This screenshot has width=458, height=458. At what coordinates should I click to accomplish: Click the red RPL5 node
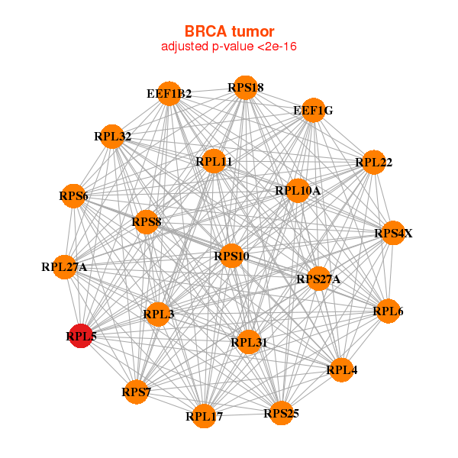(x=81, y=335)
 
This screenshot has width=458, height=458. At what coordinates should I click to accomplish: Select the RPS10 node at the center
(x=231, y=256)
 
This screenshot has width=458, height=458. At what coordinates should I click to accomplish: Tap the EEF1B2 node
(x=169, y=93)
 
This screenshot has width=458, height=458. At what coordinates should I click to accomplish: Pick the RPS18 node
(x=245, y=87)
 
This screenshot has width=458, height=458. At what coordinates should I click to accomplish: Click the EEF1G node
(x=313, y=110)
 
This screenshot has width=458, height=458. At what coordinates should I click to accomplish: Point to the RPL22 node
(x=373, y=162)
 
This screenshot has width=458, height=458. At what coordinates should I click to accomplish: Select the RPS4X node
(x=393, y=233)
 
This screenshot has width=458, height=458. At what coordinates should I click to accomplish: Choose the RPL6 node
(x=389, y=311)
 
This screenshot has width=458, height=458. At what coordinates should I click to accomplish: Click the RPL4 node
(x=341, y=369)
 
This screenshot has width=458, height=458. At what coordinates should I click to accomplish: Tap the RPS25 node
(x=281, y=413)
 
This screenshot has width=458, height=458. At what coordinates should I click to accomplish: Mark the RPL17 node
(x=204, y=416)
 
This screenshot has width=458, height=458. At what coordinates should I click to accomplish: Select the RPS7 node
(x=137, y=392)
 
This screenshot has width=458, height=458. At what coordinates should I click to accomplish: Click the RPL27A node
(x=65, y=267)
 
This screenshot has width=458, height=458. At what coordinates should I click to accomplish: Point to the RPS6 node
(x=73, y=196)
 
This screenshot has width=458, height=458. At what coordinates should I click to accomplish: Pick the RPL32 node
(x=112, y=136)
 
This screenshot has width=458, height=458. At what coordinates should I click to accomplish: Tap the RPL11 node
(x=214, y=161)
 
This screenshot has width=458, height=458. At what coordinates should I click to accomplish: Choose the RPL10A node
(x=298, y=190)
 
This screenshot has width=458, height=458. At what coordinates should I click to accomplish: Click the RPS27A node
(x=318, y=279)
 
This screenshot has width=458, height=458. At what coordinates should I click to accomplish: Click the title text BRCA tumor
(x=229, y=31)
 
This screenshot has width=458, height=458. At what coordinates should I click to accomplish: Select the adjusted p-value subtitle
(x=229, y=47)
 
